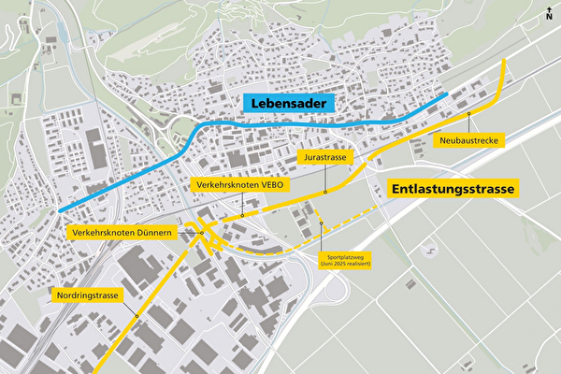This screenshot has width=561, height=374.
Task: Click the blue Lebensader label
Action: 289,104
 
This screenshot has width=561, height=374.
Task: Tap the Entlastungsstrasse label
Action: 453,188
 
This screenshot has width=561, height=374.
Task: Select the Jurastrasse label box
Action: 324,159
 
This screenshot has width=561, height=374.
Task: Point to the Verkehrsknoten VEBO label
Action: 241,185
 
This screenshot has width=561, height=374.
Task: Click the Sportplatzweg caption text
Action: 346,261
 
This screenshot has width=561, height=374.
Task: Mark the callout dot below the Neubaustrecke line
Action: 469,115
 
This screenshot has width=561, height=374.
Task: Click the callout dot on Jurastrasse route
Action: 324,192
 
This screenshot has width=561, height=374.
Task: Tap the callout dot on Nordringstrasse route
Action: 137,315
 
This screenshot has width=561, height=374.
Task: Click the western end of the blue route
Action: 59,210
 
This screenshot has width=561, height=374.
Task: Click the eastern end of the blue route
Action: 446,95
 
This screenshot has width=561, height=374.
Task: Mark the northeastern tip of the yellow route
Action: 505,62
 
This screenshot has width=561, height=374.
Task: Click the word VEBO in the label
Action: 272,185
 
